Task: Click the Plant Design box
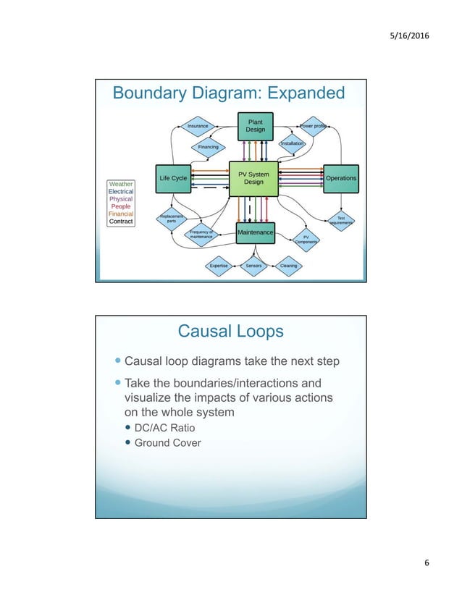255,126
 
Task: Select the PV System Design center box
253,178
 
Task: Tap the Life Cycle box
172,178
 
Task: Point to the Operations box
340,178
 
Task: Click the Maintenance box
256,232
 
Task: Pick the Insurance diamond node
198,126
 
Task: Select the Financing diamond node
208,147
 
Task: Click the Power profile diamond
313,125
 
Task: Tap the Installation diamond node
292,143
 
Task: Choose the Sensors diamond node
253,266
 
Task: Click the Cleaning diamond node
288,266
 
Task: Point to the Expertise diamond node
219,266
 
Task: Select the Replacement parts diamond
172,218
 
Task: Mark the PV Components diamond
306,240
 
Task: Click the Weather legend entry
121,184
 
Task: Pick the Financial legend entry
121,214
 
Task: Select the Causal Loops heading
230,332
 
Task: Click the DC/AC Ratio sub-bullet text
165,428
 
